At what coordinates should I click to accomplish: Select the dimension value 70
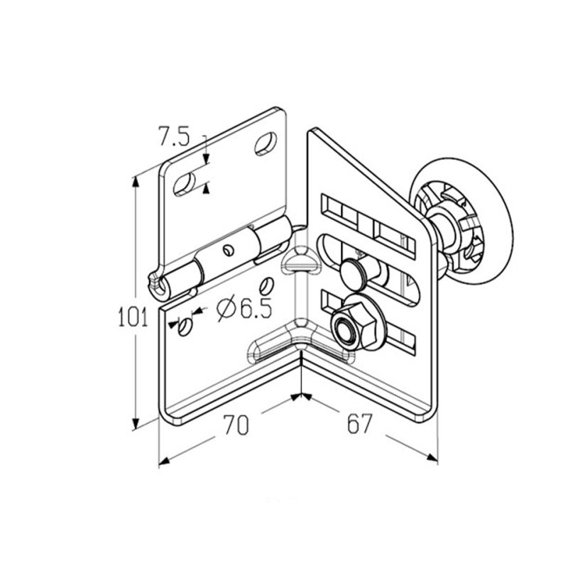click(x=236, y=425)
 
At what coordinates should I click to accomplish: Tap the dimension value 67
click(x=359, y=423)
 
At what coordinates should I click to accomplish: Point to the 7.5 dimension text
click(x=175, y=136)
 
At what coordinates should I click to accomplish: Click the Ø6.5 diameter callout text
click(x=244, y=307)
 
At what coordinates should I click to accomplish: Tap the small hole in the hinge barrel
click(x=228, y=250)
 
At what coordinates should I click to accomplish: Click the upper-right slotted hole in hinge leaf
click(x=266, y=144)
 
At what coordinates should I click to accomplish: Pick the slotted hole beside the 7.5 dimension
click(x=185, y=185)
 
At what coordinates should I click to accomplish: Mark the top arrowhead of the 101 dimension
click(x=136, y=182)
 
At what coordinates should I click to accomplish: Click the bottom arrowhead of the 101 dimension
click(x=136, y=422)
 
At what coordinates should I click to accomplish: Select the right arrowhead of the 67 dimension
click(x=432, y=457)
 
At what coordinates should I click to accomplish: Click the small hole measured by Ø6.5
click(x=185, y=326)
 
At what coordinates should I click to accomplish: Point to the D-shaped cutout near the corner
click(x=299, y=260)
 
